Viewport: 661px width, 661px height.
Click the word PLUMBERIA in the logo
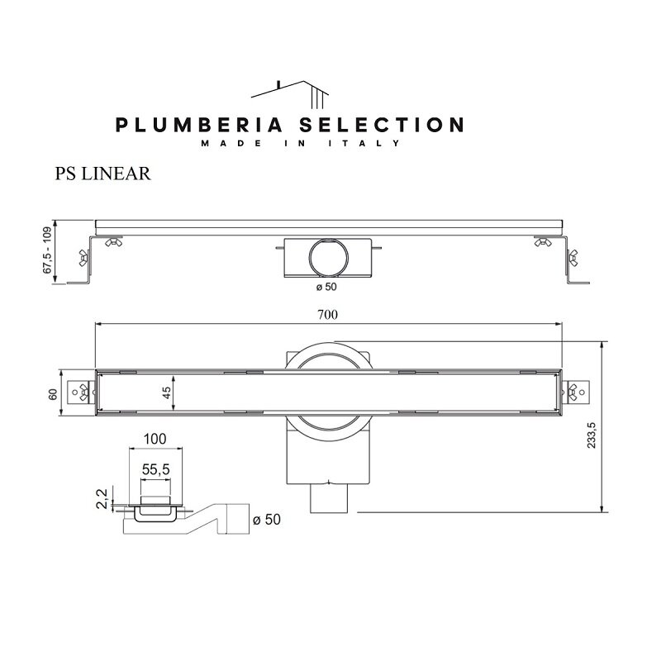198,126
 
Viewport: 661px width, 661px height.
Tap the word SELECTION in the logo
382,126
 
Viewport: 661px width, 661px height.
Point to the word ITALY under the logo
364,143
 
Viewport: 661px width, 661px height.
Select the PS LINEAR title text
102,174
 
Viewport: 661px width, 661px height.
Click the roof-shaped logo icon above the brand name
290,94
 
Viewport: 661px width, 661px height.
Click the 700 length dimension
327,315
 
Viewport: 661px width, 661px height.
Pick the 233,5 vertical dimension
592,435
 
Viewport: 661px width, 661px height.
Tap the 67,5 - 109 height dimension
47,250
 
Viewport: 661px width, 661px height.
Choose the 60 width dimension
53,395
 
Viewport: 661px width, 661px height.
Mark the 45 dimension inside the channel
167,392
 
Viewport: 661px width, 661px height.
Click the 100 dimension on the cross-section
155,440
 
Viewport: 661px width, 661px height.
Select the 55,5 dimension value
155,469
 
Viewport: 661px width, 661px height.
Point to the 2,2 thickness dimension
102,498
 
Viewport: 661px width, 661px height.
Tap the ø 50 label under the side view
326,287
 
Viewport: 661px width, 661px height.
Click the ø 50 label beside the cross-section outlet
267,520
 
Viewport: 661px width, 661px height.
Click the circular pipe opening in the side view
328,258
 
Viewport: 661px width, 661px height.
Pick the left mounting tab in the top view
81,392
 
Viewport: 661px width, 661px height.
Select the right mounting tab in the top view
575,392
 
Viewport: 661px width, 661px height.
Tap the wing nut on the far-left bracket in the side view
84,258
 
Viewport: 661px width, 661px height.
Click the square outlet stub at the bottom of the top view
328,498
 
